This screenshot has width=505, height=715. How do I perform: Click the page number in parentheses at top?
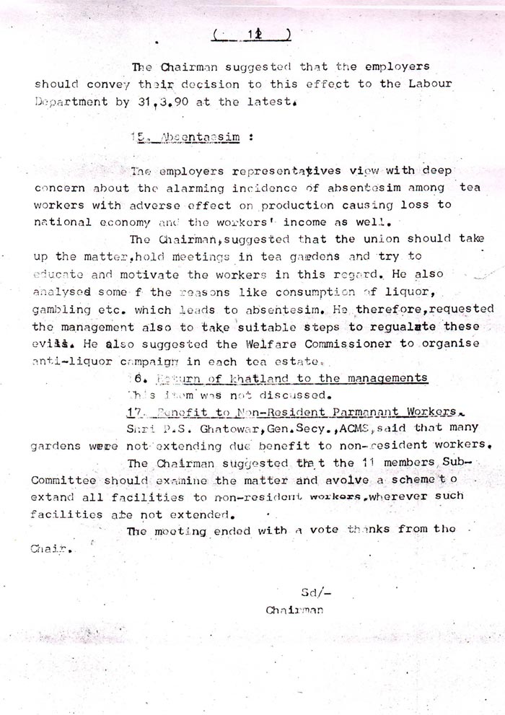(x=252, y=35)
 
